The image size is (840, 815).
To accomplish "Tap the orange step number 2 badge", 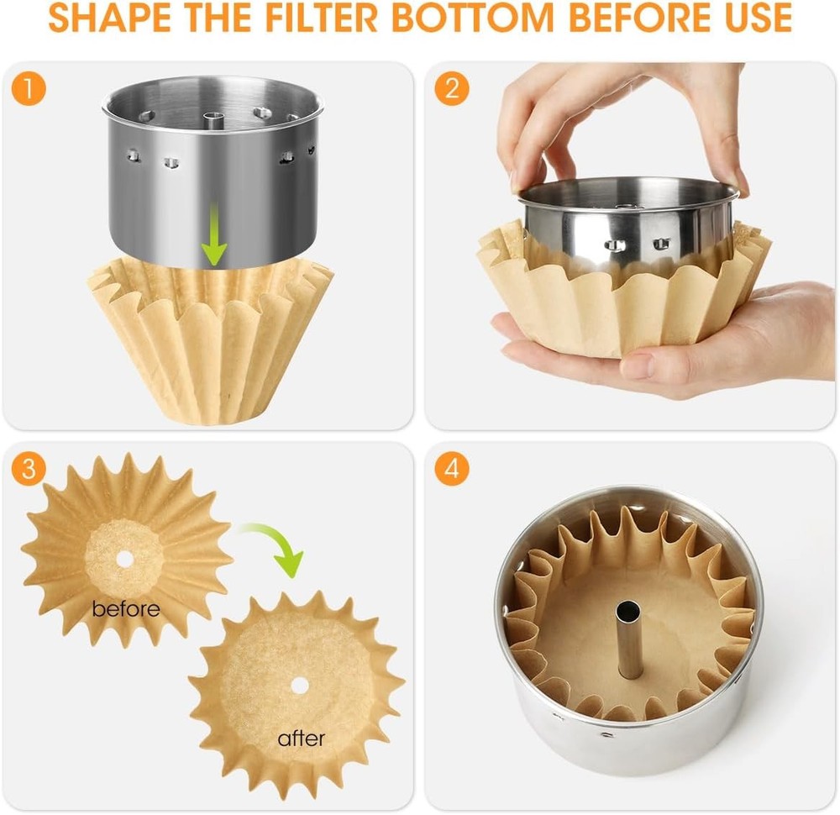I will coord(452,89).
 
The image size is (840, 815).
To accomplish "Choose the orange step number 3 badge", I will coord(29,469).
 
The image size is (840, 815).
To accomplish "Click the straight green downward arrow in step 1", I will coord(216,239).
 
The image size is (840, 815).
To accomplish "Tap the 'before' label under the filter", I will coord(126,608).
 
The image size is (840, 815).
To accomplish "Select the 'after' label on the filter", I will coord(301,739).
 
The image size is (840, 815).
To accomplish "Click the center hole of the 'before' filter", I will coord(125,557).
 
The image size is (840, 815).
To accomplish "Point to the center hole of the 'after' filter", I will coord(299,685).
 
